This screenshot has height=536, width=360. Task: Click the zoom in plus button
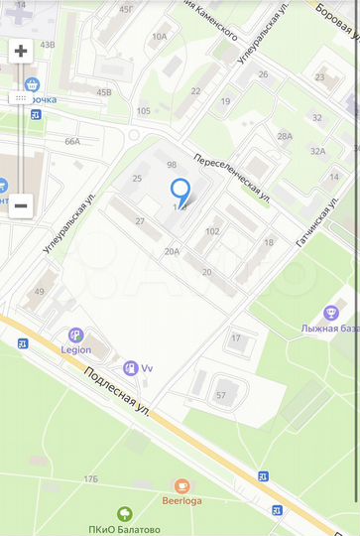[x=21, y=51]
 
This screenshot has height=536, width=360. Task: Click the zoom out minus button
[x=21, y=205]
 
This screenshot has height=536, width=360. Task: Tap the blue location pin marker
[x=180, y=191]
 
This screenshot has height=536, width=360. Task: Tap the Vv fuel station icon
[x=128, y=368]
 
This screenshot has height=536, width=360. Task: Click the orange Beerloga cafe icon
[x=181, y=485]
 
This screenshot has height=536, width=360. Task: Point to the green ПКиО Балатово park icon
[x=124, y=513]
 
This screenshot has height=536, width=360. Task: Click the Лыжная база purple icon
[x=331, y=314]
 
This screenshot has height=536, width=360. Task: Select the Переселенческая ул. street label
[x=232, y=175]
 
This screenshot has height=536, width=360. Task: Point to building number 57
[x=220, y=395]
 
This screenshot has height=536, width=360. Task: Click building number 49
[x=39, y=291]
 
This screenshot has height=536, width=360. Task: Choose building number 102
[x=212, y=231]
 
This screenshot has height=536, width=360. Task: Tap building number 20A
[x=173, y=251]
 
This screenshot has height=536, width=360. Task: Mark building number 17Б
[x=90, y=479]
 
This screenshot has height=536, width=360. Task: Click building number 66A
[x=72, y=141]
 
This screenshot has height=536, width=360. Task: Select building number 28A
[x=285, y=136]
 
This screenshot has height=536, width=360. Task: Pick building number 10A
[x=159, y=36]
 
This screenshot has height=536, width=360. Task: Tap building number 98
[x=172, y=164]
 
